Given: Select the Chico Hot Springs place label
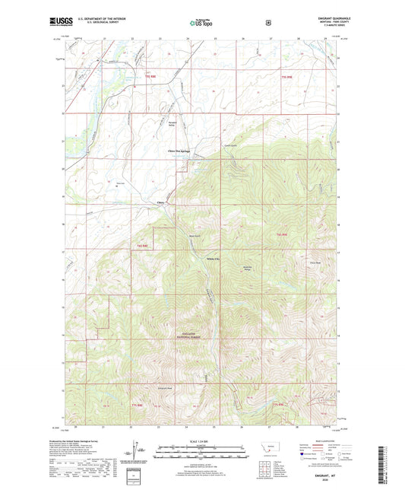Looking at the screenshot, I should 178,151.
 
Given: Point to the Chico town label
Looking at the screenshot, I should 160,202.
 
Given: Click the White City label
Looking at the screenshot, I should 214,259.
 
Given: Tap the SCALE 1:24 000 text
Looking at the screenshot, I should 201,441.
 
